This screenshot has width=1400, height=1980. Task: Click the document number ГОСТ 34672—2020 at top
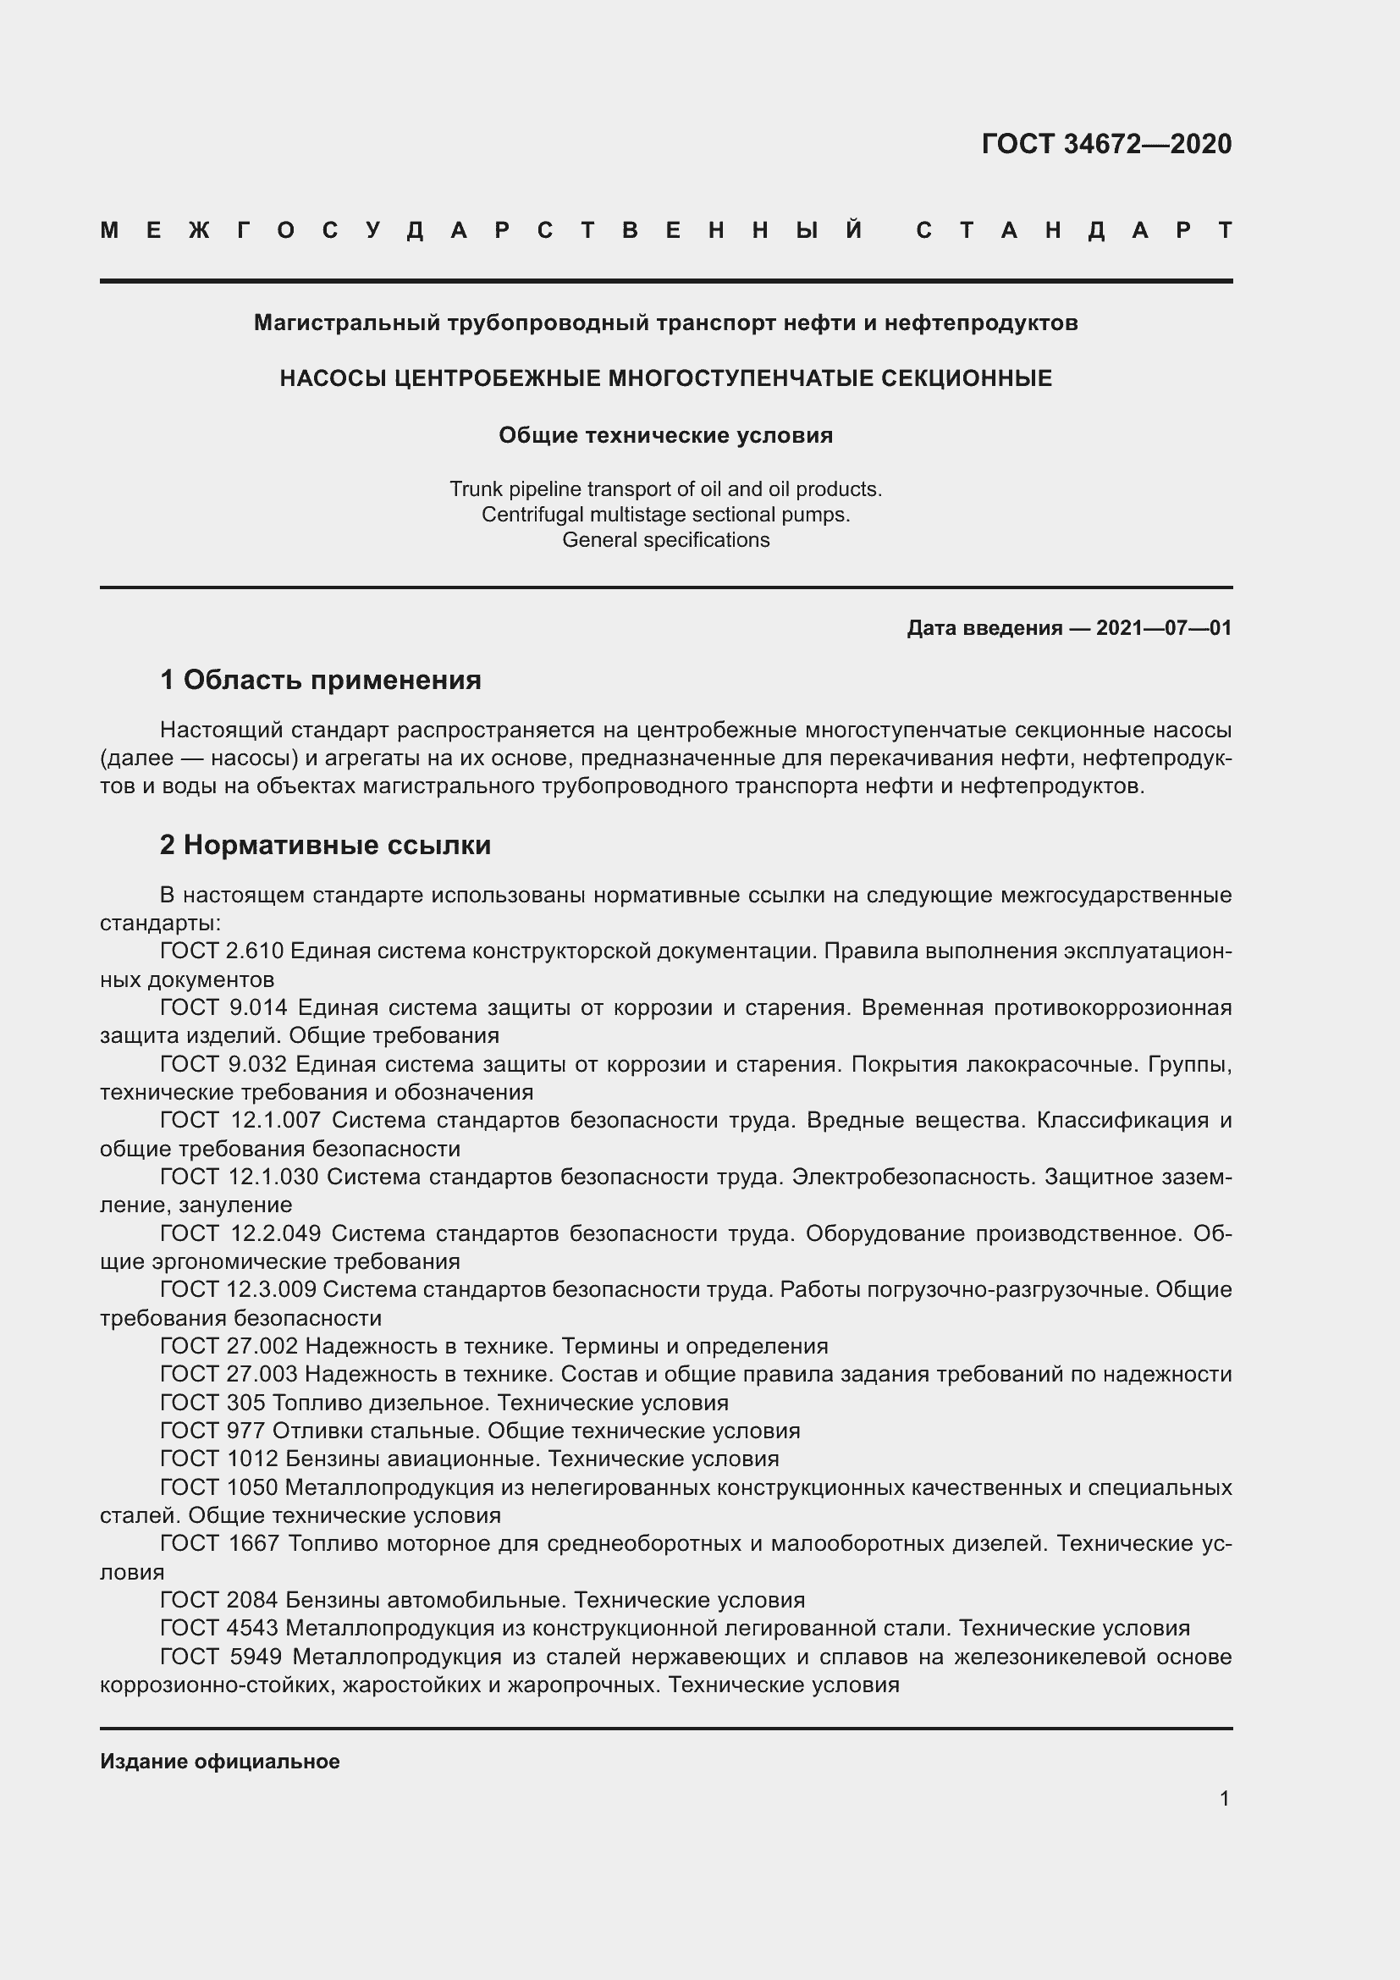(1106, 144)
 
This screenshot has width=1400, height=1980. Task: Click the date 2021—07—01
(1163, 628)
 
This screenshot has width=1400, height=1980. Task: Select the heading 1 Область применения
(320, 681)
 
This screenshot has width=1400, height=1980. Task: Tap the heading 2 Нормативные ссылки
(325, 845)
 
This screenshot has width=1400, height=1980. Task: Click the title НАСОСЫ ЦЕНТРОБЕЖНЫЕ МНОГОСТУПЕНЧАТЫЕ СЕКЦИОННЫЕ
(665, 378)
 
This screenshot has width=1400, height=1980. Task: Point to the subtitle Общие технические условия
(665, 435)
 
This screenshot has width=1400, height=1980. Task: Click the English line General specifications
(665, 540)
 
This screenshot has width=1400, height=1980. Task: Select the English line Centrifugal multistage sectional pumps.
(665, 515)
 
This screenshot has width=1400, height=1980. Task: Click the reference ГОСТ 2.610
(222, 951)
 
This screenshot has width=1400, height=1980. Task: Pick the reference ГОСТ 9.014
(223, 1007)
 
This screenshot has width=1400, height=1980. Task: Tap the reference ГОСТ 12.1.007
(240, 1120)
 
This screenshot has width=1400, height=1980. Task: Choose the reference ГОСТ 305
(213, 1402)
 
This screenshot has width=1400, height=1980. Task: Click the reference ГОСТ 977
(213, 1431)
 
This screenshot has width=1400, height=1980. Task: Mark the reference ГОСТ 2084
(219, 1601)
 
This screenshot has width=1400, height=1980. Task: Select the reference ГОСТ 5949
(221, 1657)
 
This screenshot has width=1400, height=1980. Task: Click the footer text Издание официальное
(220, 1762)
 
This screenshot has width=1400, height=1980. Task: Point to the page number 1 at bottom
(1224, 1798)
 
